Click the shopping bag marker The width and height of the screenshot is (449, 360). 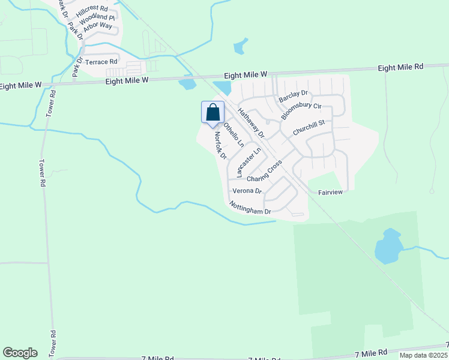click(212, 113)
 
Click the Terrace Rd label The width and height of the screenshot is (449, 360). click(101, 62)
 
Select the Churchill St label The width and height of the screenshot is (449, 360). click(309, 127)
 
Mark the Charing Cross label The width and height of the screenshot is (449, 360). click(264, 172)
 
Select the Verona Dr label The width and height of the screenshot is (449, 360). click(247, 191)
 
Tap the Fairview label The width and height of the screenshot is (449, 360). click(330, 193)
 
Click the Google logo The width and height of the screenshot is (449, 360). click(20, 353)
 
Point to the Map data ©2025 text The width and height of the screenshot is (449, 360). click(423, 355)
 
